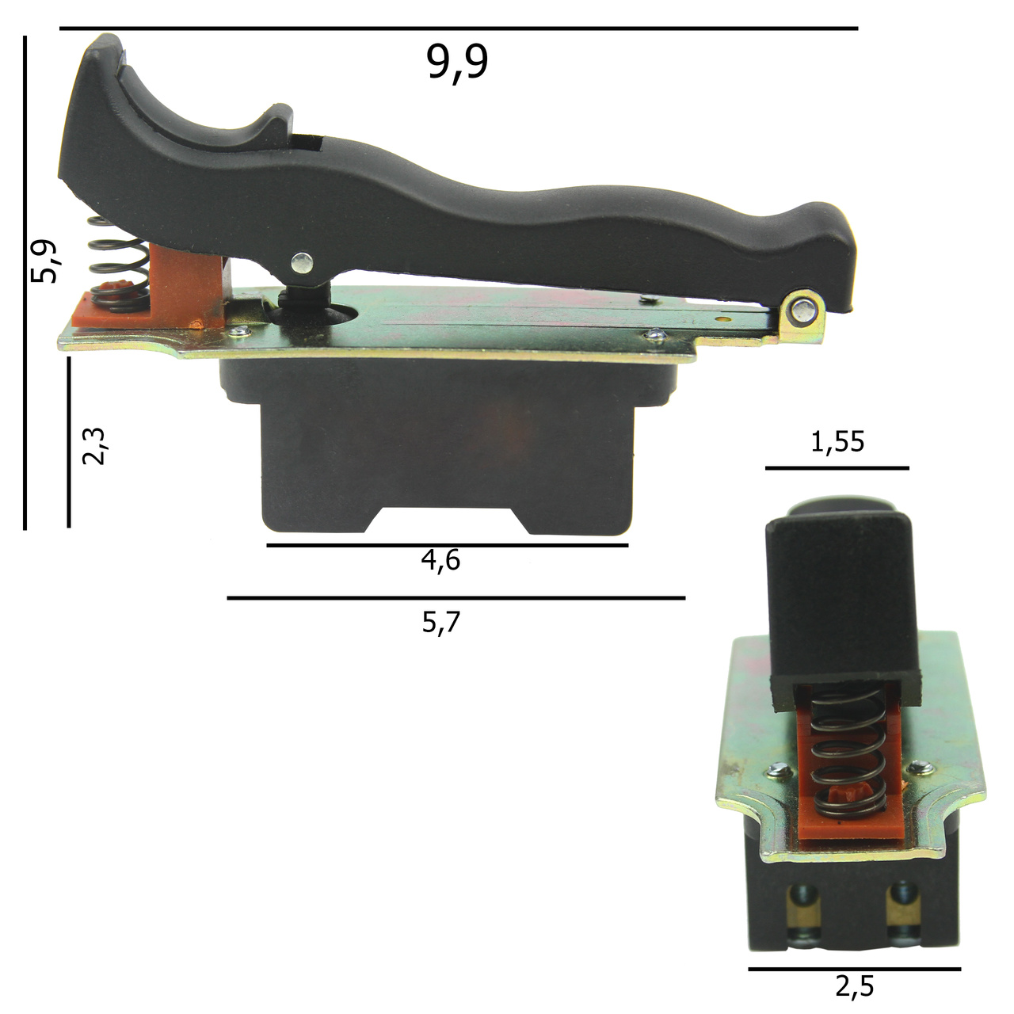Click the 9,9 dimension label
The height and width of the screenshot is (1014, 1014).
click(x=457, y=63)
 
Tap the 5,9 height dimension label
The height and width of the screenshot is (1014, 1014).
click(x=44, y=261)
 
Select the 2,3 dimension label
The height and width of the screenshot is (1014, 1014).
click(x=94, y=446)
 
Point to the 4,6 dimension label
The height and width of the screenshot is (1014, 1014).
click(x=440, y=560)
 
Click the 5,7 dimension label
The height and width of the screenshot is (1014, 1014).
click(x=441, y=623)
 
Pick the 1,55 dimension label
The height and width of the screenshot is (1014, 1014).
click(x=837, y=442)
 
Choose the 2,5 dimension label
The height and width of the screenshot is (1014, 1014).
click(x=855, y=986)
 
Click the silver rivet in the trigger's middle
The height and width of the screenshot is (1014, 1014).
click(x=302, y=263)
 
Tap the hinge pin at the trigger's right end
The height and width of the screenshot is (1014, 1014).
click(x=803, y=310)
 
